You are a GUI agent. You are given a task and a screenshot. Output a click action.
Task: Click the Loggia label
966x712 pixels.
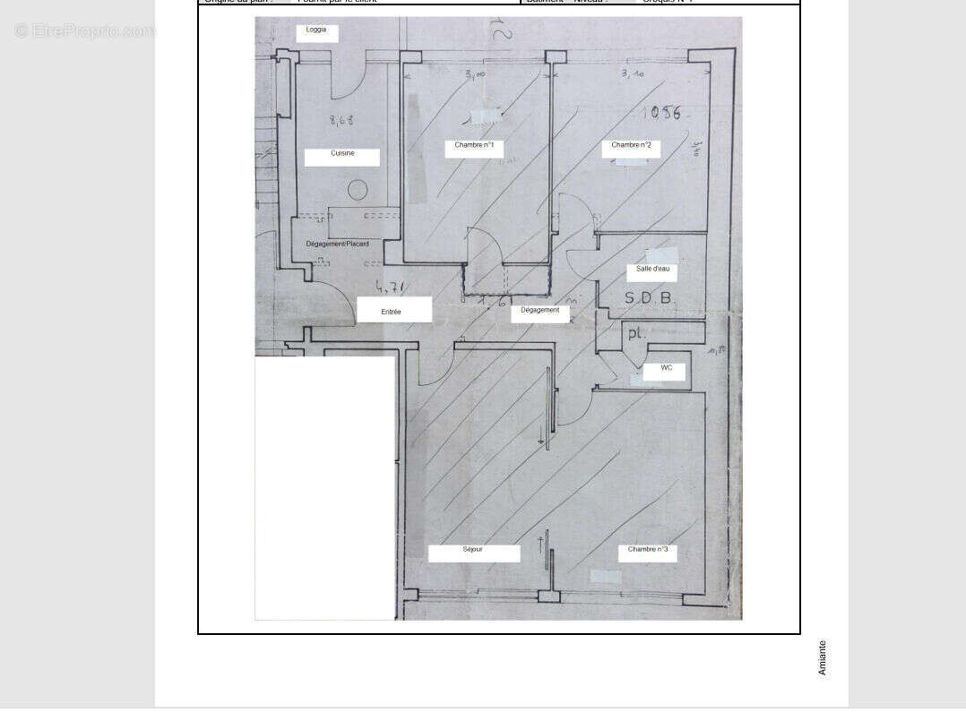pyautogui.click(x=316, y=30)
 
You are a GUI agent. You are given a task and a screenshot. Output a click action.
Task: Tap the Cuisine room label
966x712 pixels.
pyautogui.click(x=342, y=153)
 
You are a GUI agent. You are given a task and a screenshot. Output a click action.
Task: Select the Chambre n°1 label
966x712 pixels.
pyautogui.click(x=473, y=145)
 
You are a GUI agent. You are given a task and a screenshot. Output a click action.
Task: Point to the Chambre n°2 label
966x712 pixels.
pyautogui.click(x=631, y=145)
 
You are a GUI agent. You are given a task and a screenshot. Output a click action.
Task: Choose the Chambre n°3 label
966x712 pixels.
pyautogui.click(x=647, y=549)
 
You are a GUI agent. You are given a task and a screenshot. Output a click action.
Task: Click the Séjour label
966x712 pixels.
pyautogui.click(x=473, y=549)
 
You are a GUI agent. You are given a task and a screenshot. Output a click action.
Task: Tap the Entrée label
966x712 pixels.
pyautogui.click(x=392, y=312)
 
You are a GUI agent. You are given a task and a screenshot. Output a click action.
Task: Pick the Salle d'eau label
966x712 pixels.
pyautogui.click(x=652, y=269)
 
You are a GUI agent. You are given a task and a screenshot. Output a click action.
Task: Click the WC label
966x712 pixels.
pyautogui.click(x=667, y=368)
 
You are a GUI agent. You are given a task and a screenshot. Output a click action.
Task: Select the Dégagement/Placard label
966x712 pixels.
pyautogui.click(x=337, y=244)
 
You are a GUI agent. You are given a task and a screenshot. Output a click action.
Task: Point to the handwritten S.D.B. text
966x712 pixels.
pyautogui.click(x=648, y=298)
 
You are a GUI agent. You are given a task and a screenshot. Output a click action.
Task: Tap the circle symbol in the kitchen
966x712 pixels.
pyautogui.click(x=358, y=190)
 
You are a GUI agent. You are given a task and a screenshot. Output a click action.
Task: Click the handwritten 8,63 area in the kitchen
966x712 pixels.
pyautogui.click(x=341, y=120)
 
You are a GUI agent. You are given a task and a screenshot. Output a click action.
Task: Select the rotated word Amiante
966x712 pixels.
pyautogui.click(x=822, y=657)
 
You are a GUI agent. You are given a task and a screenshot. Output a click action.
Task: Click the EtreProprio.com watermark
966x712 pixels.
pyautogui.click(x=84, y=31)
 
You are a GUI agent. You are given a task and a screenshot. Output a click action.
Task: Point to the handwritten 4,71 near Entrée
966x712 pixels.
pyautogui.click(x=390, y=287)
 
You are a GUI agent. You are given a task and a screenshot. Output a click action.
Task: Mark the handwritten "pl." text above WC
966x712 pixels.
pyautogui.click(x=635, y=333)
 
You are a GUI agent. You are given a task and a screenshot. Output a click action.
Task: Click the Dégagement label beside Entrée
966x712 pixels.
pyautogui.click(x=540, y=310)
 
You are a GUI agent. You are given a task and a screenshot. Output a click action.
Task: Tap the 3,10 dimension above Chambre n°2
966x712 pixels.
pyautogui.click(x=633, y=74)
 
